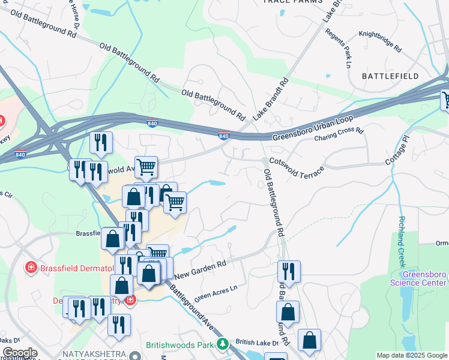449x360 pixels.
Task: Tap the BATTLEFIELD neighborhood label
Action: (390, 76)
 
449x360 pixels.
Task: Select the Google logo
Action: (19, 353)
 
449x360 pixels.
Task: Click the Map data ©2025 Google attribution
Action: (412, 355)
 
